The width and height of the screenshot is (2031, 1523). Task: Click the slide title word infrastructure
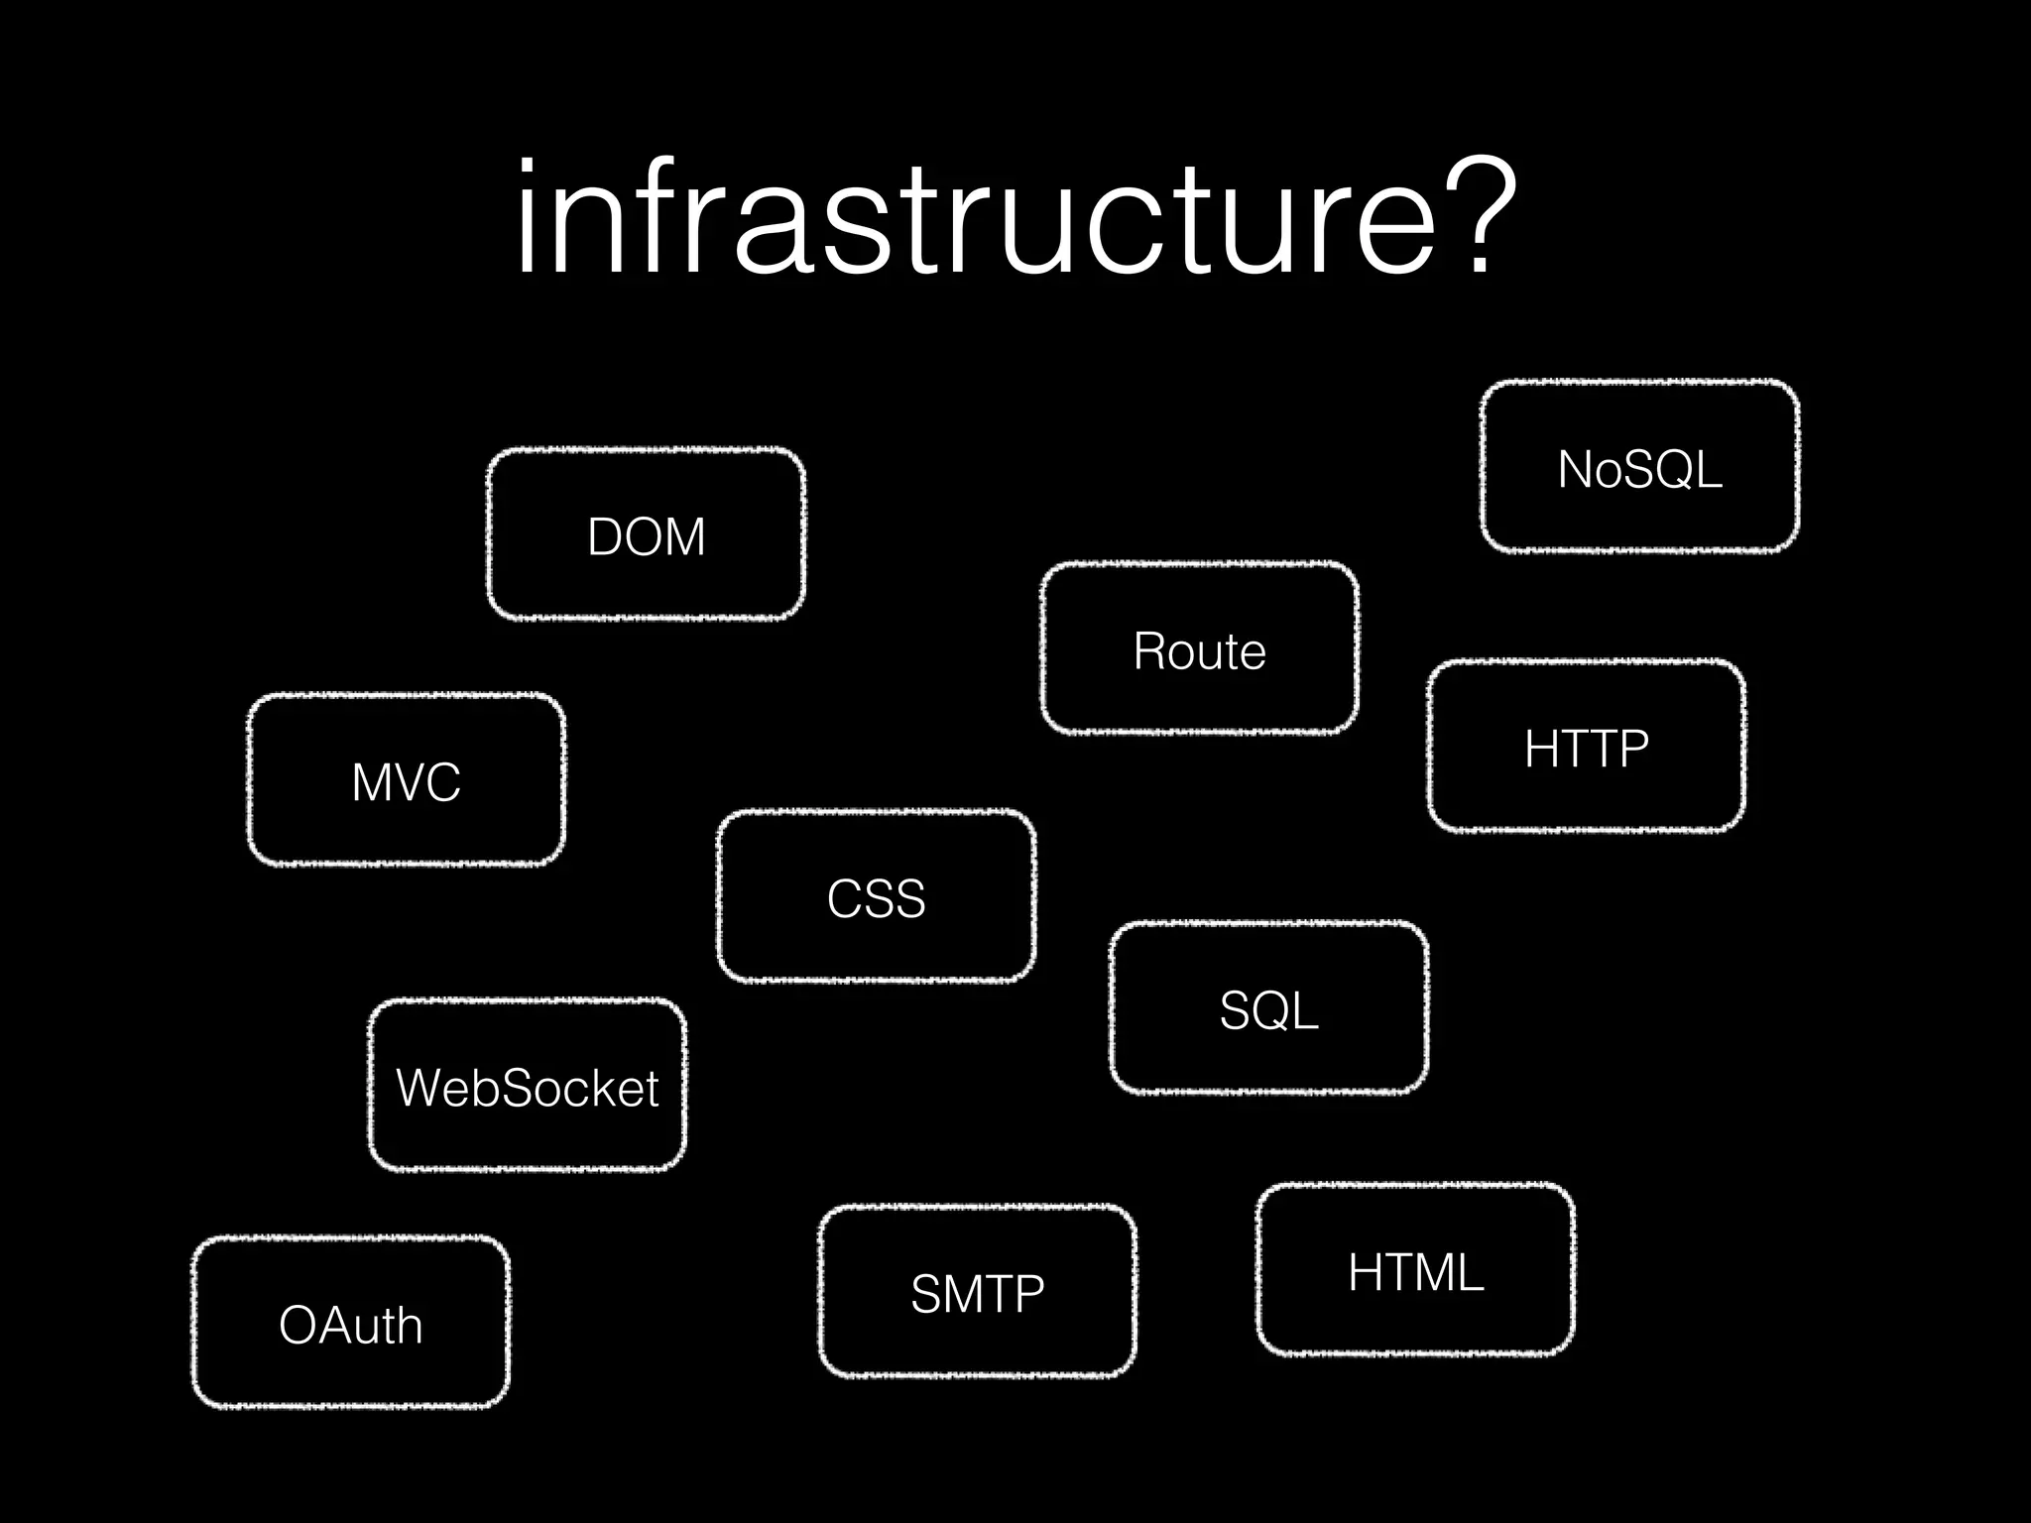pyautogui.click(x=972, y=220)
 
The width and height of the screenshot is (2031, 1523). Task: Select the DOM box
pyautogui.click(x=646, y=535)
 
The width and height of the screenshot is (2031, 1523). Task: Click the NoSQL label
pyautogui.click(x=1639, y=469)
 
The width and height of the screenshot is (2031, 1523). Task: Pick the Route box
pyautogui.click(x=1199, y=649)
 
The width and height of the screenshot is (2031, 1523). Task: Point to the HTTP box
pyautogui.click(x=1586, y=747)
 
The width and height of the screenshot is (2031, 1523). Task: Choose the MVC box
pyautogui.click(x=406, y=780)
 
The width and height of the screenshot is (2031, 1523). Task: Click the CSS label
pyautogui.click(x=876, y=898)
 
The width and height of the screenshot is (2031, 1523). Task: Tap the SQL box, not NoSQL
pyautogui.click(x=1268, y=1009)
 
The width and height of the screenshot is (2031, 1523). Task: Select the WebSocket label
pyautogui.click(x=527, y=1088)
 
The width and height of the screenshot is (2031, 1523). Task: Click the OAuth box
pyautogui.click(x=350, y=1324)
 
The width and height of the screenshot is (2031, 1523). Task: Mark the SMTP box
pyautogui.click(x=977, y=1292)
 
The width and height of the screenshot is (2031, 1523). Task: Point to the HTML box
pyautogui.click(x=1415, y=1271)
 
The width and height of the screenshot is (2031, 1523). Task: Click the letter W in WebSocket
pyautogui.click(x=420, y=1088)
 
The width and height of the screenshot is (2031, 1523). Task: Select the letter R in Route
pyautogui.click(x=1150, y=650)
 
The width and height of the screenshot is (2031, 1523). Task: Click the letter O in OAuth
pyautogui.click(x=299, y=1325)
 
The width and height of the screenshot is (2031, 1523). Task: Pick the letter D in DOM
pyautogui.click(x=606, y=536)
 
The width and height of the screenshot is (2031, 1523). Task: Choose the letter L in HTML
pyautogui.click(x=1471, y=1272)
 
